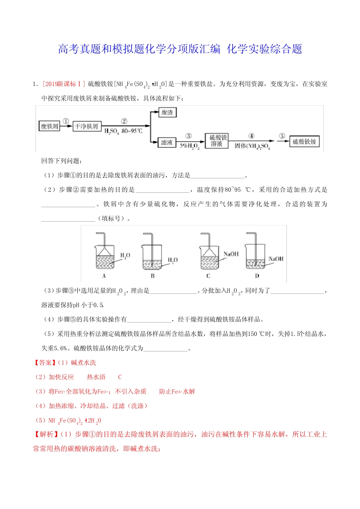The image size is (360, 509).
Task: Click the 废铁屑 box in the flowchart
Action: (50, 126)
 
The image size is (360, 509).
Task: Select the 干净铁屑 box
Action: (86, 126)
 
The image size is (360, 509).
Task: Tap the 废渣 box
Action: (167, 112)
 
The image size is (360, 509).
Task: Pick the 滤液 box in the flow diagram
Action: (167, 142)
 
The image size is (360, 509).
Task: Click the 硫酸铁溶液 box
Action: (216, 141)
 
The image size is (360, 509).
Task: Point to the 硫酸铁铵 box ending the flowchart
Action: (304, 142)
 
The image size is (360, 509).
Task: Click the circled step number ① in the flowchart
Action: (66, 121)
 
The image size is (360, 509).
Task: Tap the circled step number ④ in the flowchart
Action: (251, 136)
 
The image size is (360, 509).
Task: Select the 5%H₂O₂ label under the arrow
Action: (189, 146)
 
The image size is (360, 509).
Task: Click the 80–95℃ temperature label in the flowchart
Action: (132, 131)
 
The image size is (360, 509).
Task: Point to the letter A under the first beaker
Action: (104, 276)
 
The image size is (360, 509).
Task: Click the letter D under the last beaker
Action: (257, 276)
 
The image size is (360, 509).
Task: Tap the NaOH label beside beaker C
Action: (231, 254)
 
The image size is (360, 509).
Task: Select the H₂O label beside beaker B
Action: (173, 260)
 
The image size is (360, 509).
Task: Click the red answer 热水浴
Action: (96, 377)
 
